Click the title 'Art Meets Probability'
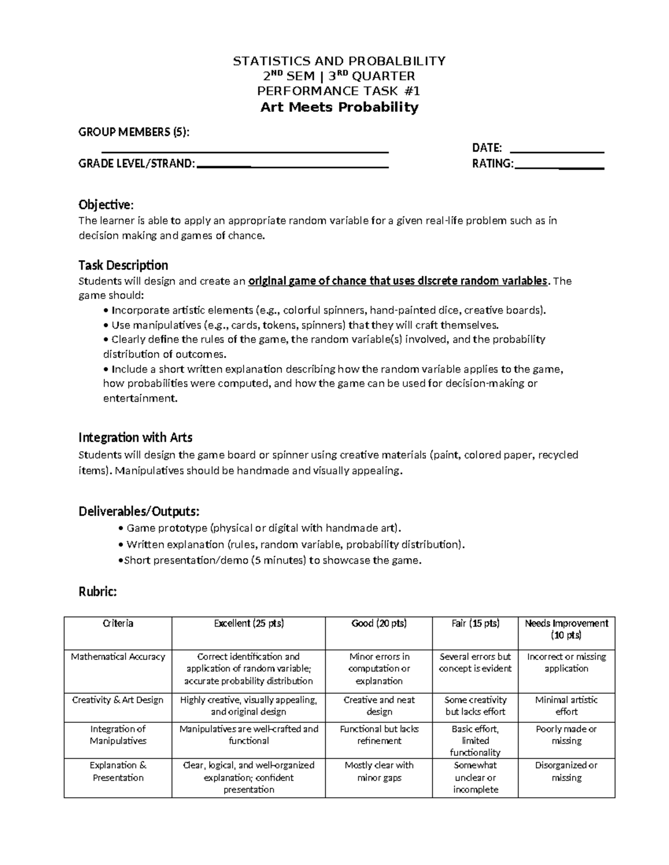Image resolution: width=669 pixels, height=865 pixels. tap(339, 107)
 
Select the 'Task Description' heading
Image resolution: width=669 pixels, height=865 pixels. tap(123, 265)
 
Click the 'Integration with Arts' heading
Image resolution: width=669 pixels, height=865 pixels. tap(135, 437)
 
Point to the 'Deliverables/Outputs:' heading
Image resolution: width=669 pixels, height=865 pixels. tap(139, 511)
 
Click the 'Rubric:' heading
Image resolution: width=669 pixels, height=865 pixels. tap(98, 592)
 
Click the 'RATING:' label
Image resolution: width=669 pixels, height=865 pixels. tap(493, 164)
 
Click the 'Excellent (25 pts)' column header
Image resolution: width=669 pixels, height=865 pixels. tap(249, 623)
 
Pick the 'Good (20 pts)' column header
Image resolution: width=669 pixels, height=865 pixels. tap(379, 623)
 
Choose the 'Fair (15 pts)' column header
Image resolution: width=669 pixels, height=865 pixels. tap(476, 623)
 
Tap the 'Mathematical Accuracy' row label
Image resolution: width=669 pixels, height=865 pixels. tap(118, 657)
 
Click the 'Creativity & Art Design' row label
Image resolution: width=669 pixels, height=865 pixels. tap(118, 700)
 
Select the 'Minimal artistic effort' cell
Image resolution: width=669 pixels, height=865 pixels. tap(566, 706)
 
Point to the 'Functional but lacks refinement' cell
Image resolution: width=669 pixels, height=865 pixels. tap(379, 735)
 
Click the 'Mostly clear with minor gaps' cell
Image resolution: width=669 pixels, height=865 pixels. tap(379, 771)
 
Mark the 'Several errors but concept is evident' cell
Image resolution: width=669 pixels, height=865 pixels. tap(476, 663)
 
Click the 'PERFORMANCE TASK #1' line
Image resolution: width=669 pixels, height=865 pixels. tap(338, 91)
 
